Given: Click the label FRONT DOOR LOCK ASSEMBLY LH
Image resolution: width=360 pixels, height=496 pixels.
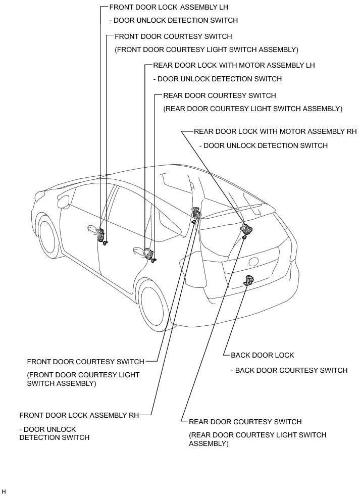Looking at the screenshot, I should [x=169, y=8].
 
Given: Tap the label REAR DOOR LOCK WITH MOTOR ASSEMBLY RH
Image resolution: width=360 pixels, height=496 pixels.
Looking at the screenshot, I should [x=275, y=132].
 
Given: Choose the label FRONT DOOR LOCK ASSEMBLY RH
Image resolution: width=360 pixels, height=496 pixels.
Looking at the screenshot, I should [x=79, y=415].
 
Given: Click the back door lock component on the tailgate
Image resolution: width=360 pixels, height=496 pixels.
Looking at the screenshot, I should [x=249, y=281].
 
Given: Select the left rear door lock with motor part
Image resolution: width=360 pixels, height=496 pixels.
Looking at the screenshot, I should [x=148, y=254].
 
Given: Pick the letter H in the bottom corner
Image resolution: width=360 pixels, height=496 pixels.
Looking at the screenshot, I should [x=4, y=491].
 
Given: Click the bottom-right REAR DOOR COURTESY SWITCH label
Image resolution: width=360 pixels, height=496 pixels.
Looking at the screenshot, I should [x=245, y=422].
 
